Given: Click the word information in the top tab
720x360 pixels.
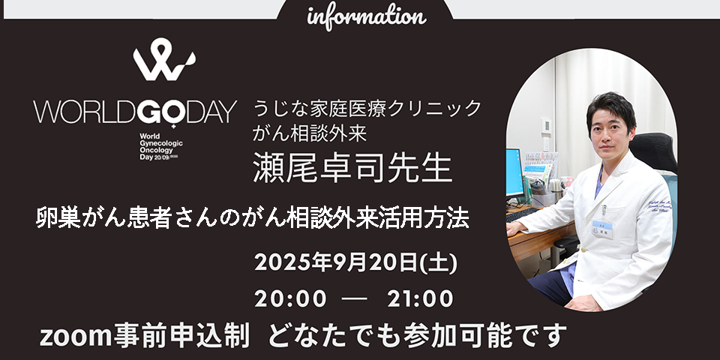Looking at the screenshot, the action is [367, 16].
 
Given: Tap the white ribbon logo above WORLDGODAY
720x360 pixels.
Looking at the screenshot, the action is [164, 60].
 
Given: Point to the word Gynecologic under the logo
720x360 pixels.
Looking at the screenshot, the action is [160, 143].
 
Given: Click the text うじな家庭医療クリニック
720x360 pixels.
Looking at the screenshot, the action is [367, 109].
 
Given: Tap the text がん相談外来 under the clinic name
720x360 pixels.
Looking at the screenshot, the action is [310, 133].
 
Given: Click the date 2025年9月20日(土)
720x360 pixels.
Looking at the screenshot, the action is [355, 262].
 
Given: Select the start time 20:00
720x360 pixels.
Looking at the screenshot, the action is [290, 299].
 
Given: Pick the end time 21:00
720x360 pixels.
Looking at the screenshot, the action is [420, 299].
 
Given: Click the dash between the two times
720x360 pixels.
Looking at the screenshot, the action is [354, 299].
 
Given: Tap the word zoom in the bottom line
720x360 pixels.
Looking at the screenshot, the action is [75, 337].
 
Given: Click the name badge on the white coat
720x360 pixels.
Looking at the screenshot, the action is [602, 229].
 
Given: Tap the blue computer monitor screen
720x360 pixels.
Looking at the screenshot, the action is [514, 172].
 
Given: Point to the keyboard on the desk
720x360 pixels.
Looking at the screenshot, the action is [522, 214].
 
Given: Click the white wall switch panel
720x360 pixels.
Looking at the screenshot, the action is [546, 126].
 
